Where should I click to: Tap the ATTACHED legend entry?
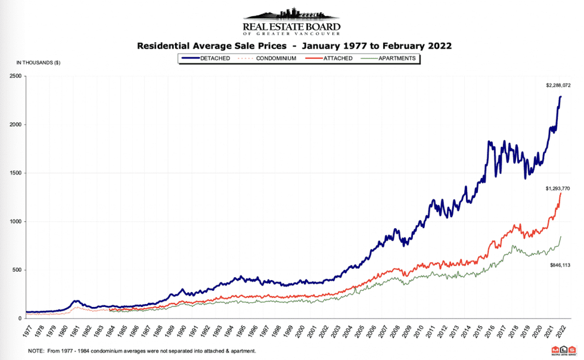coord(328,58)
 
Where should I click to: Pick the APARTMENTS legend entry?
coord(390,58)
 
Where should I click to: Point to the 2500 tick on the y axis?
coord(15,76)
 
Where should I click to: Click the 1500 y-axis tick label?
coord(15,173)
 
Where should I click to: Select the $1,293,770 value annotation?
coord(558,188)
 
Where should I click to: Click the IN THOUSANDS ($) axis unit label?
coord(38,63)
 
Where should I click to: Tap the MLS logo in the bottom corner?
coord(564,350)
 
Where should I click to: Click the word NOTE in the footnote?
coord(36,351)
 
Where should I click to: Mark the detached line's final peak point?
coord(560,97)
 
